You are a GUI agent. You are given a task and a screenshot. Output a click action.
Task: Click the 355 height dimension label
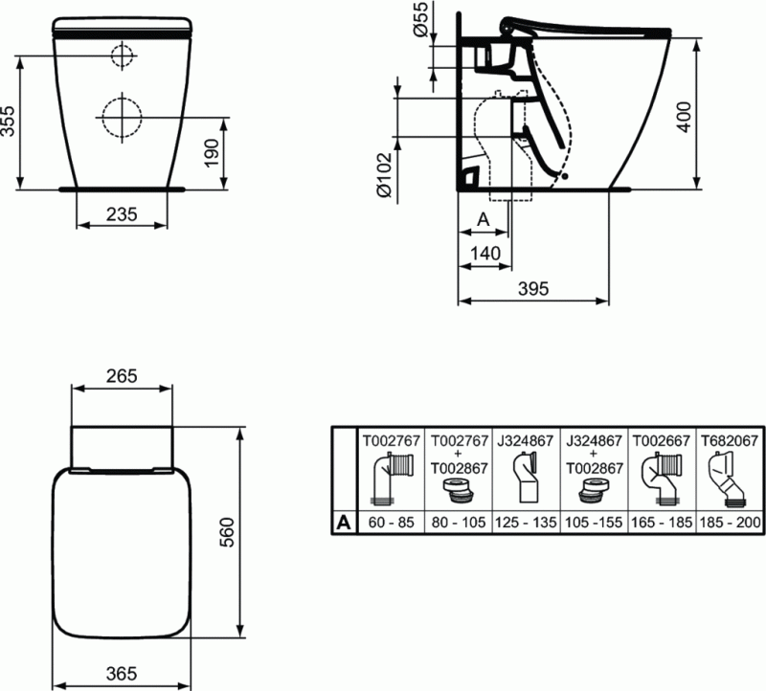(9, 123)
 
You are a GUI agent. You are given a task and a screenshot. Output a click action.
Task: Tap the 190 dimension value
(213, 152)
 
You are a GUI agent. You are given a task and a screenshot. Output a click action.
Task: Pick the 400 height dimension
(684, 114)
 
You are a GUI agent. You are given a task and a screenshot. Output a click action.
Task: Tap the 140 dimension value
(486, 253)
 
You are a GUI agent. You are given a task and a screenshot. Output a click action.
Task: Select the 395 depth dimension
(532, 289)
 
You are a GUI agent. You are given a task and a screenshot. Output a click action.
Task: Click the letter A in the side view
(483, 219)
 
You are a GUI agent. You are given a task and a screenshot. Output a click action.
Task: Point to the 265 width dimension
(121, 375)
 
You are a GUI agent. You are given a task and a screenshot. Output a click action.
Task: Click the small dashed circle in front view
(123, 56)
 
